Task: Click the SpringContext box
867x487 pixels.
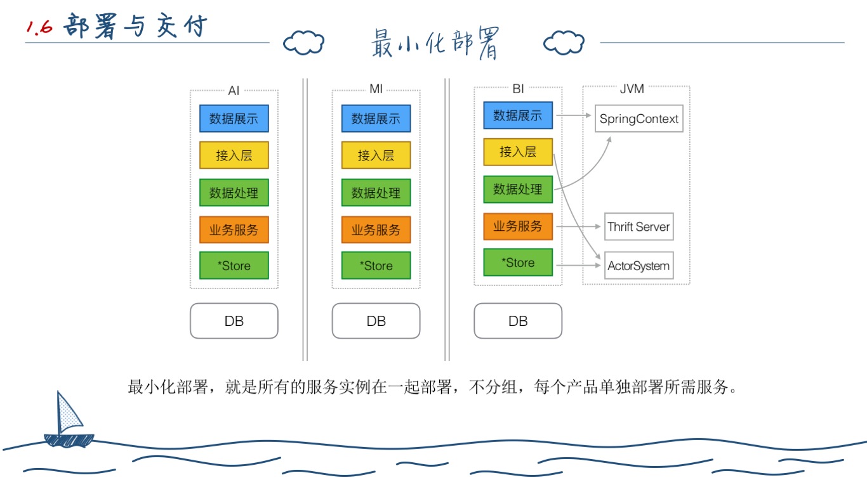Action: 639,119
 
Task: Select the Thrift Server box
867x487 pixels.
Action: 639,226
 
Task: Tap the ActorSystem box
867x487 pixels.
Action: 639,266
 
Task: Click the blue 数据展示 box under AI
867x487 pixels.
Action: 234,119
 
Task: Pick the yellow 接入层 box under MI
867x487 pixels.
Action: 376,155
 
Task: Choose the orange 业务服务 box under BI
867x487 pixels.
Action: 518,226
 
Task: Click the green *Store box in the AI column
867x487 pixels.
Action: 234,266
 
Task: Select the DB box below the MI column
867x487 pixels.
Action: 376,321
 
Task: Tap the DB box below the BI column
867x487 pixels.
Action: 518,321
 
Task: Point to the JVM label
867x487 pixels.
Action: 632,89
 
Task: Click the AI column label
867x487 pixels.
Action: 234,91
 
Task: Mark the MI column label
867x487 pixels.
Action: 376,89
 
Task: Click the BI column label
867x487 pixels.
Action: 518,89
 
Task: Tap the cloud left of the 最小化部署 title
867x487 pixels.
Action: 303,43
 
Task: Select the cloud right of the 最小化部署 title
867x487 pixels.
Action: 564,43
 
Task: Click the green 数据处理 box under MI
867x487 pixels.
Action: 376,192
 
